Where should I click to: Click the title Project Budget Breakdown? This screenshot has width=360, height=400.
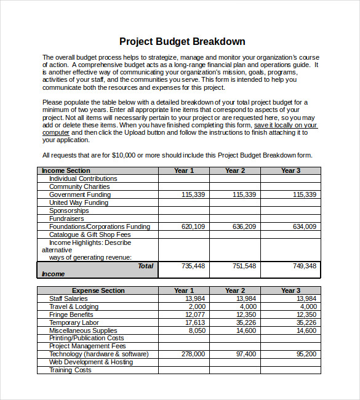coord(182,42)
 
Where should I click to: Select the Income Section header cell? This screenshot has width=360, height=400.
coord(65,170)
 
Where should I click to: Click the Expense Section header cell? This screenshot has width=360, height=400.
coord(98,290)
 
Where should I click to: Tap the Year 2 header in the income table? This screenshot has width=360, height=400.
coord(234,170)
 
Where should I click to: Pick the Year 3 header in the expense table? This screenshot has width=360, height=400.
coord(290,290)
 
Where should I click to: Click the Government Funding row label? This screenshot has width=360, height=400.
coord(79,194)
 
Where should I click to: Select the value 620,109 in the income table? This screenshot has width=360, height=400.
coord(193,226)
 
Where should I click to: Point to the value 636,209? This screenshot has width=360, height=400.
coord(244,226)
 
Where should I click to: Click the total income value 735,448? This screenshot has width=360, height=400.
coord(193,266)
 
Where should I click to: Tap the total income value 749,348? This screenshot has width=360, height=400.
coord(305,266)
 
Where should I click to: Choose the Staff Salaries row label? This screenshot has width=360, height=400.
coord(68,298)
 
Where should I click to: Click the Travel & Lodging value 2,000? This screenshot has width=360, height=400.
coord(197,306)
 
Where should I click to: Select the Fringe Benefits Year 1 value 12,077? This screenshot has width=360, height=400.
coord(195,314)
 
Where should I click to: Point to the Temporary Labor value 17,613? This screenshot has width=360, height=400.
coord(195,322)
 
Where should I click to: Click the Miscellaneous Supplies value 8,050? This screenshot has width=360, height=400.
coord(197,330)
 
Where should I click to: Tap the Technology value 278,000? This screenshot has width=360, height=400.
coord(193,354)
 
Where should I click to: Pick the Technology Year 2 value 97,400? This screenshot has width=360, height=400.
coord(246,354)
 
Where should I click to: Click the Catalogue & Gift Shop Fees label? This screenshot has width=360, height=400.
coord(90,234)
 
